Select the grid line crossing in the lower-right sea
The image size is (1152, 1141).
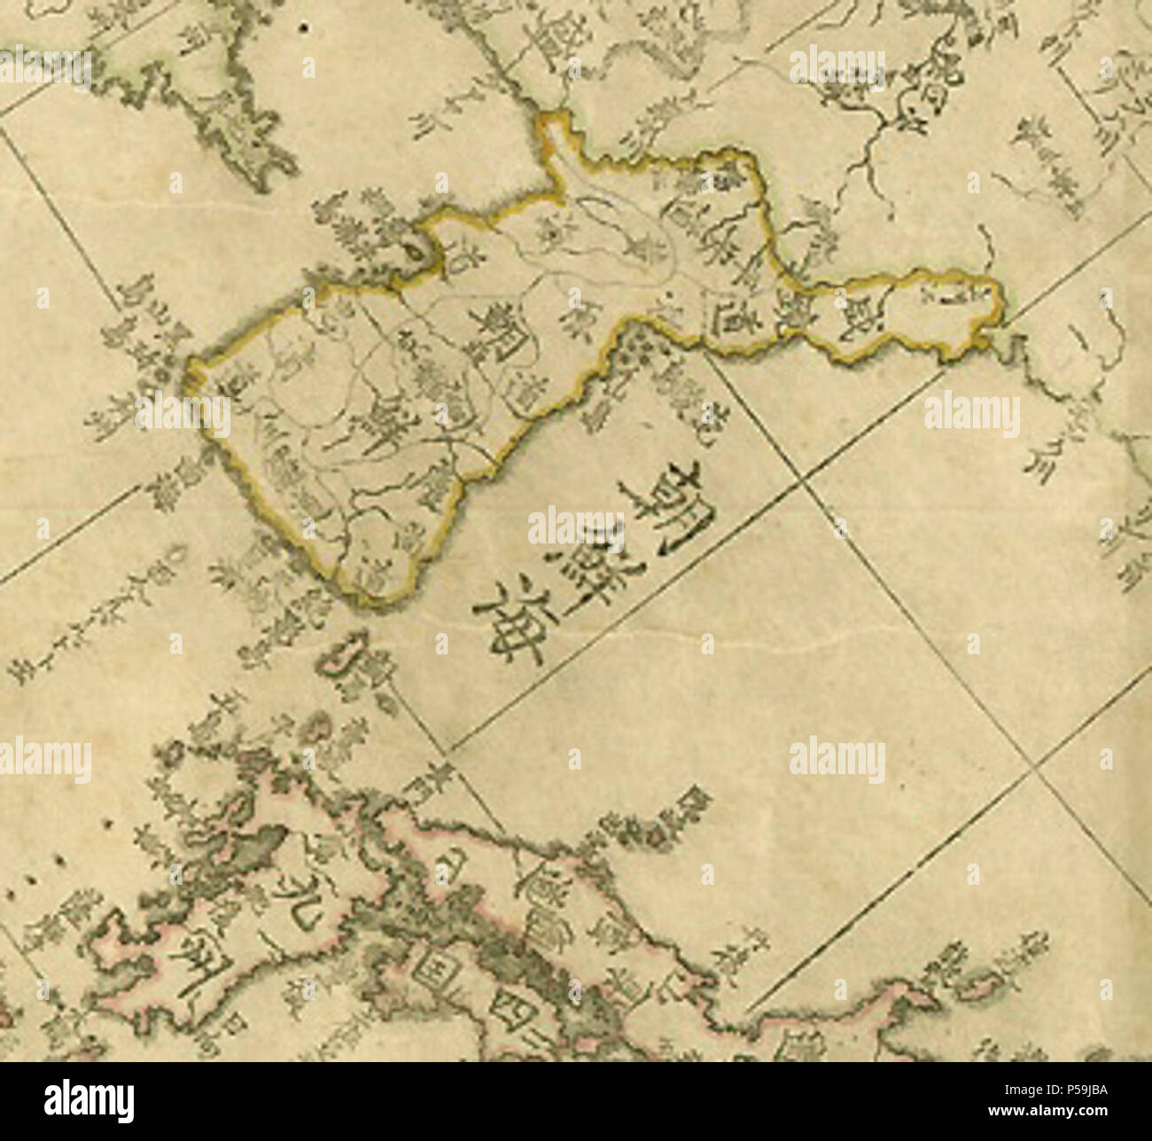tap(1032, 771)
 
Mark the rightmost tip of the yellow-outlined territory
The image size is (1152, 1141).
tap(1001, 306)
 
